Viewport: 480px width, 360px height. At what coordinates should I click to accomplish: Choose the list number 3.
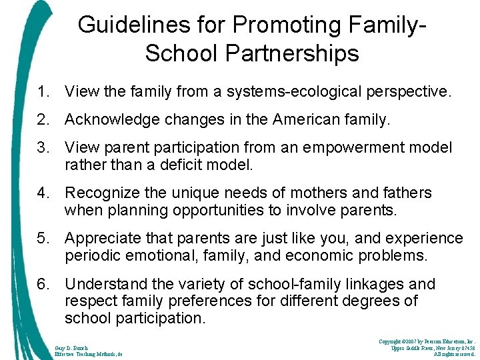[44, 148]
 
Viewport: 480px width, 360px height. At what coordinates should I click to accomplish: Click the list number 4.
[44, 193]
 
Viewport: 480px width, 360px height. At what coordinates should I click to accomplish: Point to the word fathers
[407, 193]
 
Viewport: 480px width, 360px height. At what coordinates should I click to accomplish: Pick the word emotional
[163, 255]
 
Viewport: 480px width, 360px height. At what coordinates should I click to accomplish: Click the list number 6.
[44, 285]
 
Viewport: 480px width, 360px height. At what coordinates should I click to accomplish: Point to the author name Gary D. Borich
[72, 347]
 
